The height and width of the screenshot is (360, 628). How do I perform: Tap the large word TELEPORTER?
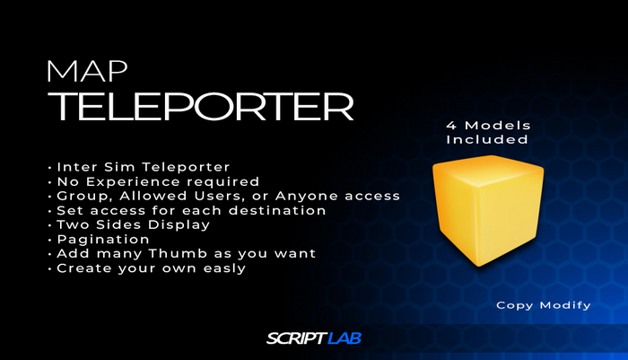(x=200, y=106)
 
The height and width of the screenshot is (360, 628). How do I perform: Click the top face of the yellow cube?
(x=489, y=171)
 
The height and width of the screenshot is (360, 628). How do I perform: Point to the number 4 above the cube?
(x=449, y=125)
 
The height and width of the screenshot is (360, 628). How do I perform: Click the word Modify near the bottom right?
(x=566, y=305)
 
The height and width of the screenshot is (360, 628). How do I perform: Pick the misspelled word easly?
(x=223, y=268)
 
